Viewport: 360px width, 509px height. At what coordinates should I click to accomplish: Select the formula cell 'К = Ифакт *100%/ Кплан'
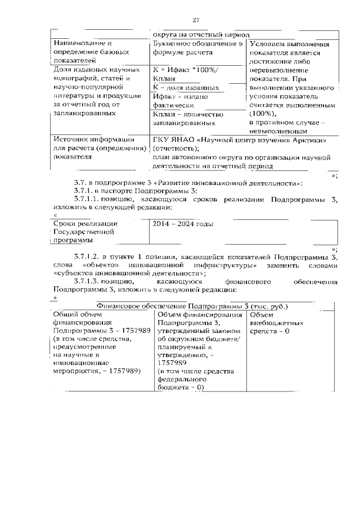pyautogui.click(x=188, y=74)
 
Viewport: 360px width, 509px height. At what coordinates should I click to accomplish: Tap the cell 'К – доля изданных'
pyautogui.click(x=186, y=88)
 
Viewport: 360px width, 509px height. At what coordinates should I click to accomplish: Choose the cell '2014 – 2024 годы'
pyautogui.click(x=182, y=224)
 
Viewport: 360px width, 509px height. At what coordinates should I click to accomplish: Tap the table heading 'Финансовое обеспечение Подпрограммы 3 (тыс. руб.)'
pyautogui.click(x=193, y=306)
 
